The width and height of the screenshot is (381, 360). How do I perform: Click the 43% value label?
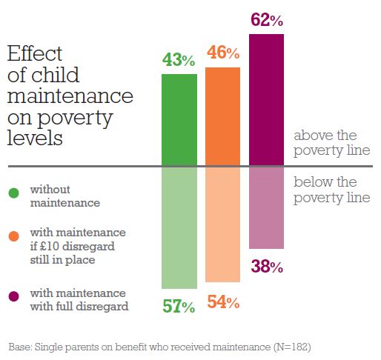179,60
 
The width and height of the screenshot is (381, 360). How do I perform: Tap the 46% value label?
223,53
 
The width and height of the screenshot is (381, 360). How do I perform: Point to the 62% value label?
267,20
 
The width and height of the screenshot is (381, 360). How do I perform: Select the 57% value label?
179,306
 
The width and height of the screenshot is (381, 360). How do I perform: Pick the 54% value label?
223,301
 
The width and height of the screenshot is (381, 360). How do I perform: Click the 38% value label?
267,267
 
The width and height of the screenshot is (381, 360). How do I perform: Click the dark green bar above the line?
179,119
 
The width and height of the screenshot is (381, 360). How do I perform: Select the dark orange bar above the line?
222,116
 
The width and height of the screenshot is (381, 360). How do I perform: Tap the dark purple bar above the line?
266,99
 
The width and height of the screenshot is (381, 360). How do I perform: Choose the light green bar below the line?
179,228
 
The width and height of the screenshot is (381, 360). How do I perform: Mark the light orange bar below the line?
222,224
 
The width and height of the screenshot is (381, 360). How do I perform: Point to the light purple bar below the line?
266,208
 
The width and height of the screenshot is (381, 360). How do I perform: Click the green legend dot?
13,193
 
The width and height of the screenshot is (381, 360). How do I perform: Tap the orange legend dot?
13,236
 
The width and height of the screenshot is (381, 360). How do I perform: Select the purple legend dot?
13,296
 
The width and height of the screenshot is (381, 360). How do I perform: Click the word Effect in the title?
35,53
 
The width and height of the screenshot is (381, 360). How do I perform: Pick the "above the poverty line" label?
332,143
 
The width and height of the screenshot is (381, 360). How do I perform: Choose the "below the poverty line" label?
332,190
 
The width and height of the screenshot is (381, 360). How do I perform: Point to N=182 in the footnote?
292,347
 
